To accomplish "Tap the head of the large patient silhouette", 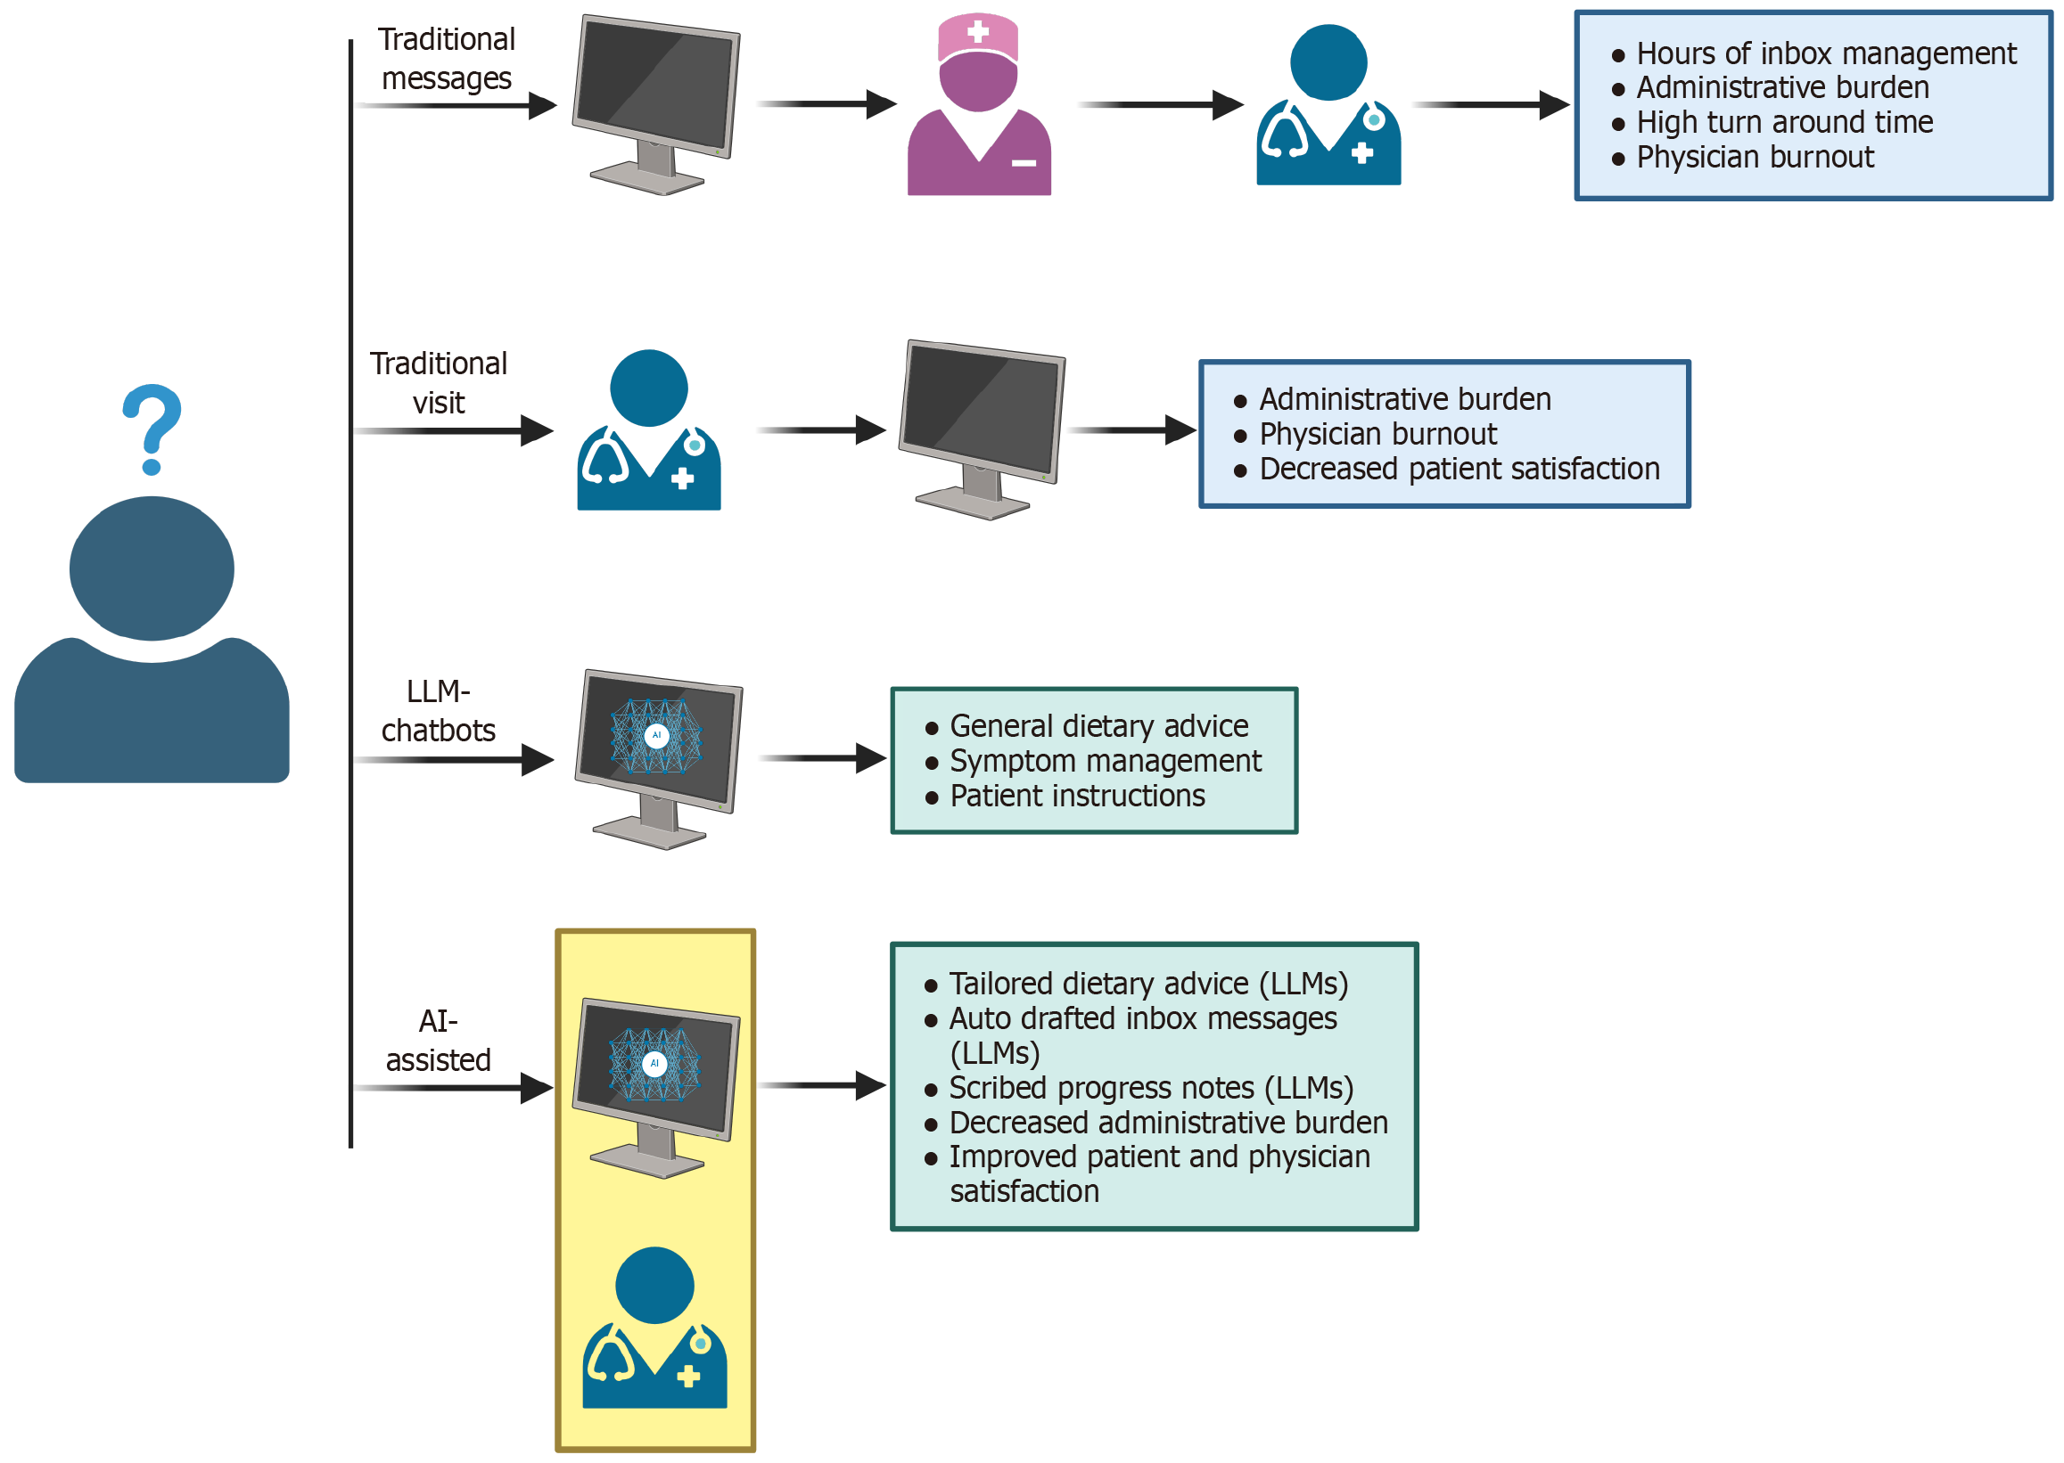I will (152, 568).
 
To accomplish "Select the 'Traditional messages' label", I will (446, 59).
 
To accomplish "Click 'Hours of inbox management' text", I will (1825, 54).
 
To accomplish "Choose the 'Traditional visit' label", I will (439, 383).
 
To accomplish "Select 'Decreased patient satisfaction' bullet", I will (1459, 470).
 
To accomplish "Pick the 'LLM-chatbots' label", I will (438, 711).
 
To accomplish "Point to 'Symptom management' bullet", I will (1105, 761).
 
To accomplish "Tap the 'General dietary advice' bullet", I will (1098, 726).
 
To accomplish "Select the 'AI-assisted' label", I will (438, 1041).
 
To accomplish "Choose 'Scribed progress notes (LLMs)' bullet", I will (1150, 1088).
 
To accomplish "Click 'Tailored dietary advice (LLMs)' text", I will (1148, 984).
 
